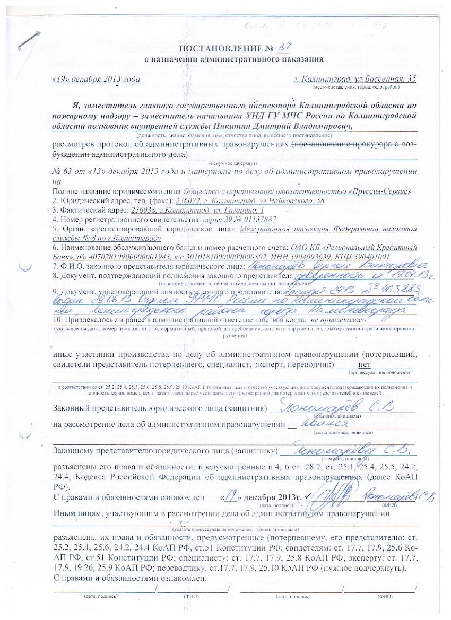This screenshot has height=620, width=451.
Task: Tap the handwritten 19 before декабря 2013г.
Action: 230,496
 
